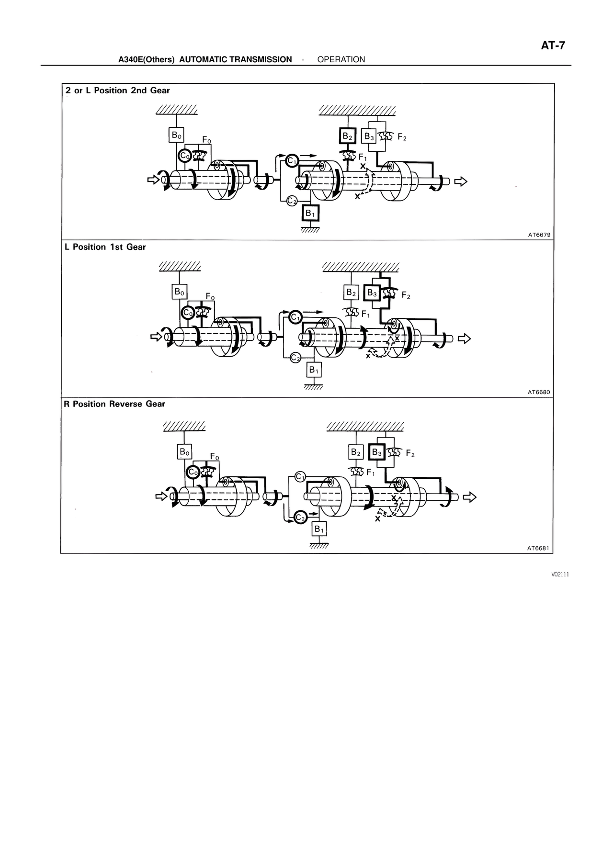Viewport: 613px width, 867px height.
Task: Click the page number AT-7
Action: (553, 46)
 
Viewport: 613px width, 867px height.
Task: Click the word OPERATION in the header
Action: (341, 59)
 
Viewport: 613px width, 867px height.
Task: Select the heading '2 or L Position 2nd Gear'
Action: (118, 90)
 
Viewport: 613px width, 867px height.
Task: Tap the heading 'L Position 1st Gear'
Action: (105, 247)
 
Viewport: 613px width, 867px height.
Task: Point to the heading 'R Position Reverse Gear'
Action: (114, 404)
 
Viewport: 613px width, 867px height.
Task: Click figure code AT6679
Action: (539, 235)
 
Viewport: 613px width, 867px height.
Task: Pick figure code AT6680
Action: (539, 392)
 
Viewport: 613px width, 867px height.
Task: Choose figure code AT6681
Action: (539, 549)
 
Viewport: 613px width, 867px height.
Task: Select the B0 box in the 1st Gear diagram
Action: (179, 292)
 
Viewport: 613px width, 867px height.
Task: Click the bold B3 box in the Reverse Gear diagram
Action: (377, 452)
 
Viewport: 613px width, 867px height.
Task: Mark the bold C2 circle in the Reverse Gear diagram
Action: (300, 518)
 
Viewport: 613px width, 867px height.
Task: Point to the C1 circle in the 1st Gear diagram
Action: (295, 316)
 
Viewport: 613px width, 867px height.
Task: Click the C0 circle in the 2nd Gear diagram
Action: (184, 156)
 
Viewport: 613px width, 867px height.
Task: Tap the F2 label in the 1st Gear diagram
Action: (406, 295)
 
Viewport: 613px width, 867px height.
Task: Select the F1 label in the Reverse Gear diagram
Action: (370, 473)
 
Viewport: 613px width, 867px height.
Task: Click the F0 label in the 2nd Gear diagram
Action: (206, 140)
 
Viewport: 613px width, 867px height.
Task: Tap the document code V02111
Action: (559, 574)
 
